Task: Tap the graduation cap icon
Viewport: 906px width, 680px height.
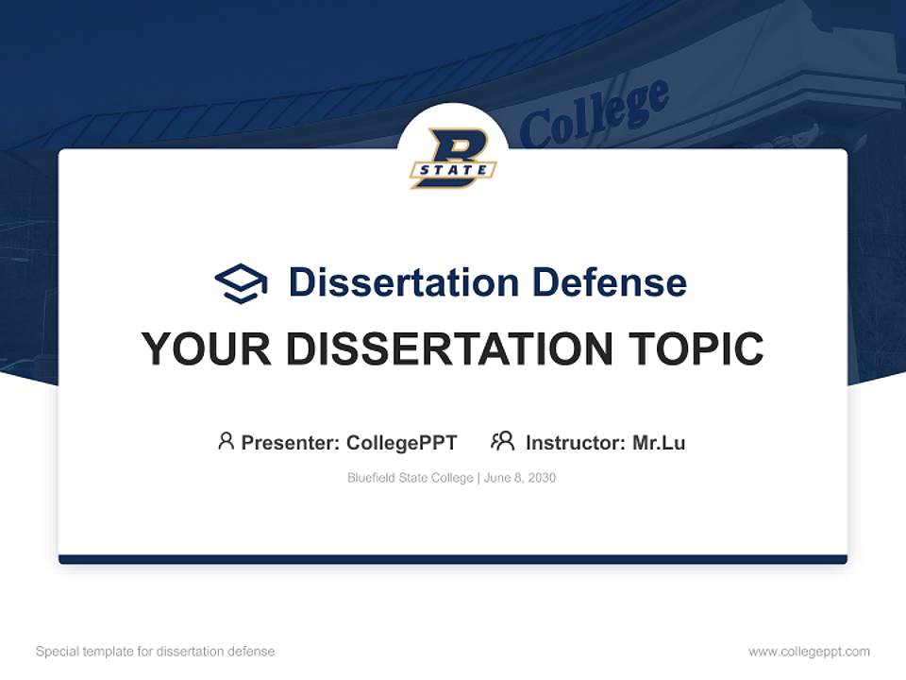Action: pyautogui.click(x=241, y=283)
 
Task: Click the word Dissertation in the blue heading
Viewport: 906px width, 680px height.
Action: pyautogui.click(x=404, y=282)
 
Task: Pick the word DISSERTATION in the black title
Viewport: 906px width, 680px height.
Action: pyautogui.click(x=449, y=349)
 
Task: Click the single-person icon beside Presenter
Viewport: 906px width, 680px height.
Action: pyautogui.click(x=226, y=441)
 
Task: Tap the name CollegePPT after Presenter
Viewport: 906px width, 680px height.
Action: pyautogui.click(x=401, y=442)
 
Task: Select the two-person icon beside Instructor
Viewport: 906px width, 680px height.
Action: pyautogui.click(x=502, y=441)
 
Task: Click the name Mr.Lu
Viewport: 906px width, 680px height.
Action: pyautogui.click(x=659, y=442)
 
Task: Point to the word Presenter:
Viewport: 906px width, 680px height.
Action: pyautogui.click(x=291, y=442)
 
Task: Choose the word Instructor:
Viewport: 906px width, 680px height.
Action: pyautogui.click(x=576, y=442)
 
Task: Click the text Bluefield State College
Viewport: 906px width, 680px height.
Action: pyautogui.click(x=411, y=478)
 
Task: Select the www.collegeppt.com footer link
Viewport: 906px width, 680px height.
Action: pyautogui.click(x=809, y=652)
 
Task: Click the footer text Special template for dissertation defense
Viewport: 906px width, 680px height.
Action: pyautogui.click(x=156, y=652)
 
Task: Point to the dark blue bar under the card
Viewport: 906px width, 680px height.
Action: pyautogui.click(x=453, y=559)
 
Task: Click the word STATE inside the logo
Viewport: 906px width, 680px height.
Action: pyautogui.click(x=453, y=170)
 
